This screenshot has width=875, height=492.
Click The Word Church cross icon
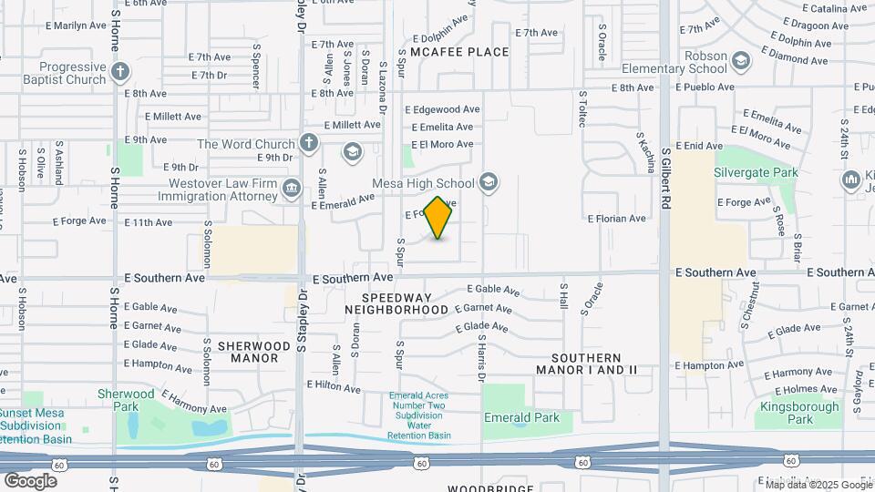point(309,143)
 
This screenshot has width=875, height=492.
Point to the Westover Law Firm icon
point(292,189)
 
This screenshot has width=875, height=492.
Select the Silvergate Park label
point(756,172)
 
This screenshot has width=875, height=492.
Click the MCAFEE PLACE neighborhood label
point(459,52)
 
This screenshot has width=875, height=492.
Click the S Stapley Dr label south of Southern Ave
point(300,323)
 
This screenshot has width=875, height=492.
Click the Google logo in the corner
point(30,480)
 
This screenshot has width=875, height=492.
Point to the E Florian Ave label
point(616,219)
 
